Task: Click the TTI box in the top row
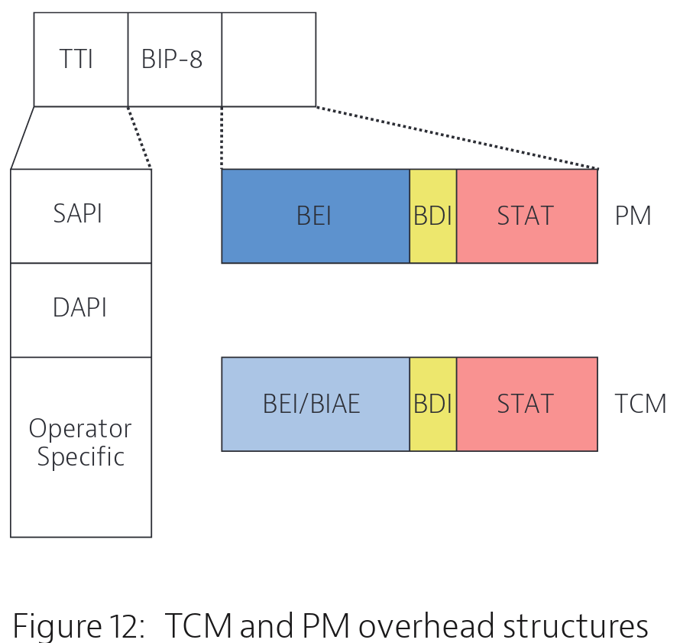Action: click(81, 60)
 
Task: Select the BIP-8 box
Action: click(175, 60)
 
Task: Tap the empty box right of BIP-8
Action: click(269, 60)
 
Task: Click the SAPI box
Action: click(81, 216)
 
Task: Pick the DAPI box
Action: click(81, 310)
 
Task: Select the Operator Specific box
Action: click(81, 447)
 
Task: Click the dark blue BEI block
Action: click(316, 216)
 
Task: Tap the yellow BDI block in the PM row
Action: click(433, 216)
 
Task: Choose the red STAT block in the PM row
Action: click(527, 216)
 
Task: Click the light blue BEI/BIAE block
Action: click(316, 404)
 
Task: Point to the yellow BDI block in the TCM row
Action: click(433, 404)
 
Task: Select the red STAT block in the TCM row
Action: click(527, 404)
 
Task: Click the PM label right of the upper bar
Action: click(633, 216)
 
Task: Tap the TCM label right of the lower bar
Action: click(640, 404)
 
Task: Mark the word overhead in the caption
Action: click(427, 625)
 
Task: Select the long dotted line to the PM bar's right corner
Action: click(457, 138)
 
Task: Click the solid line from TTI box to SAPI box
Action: click(22, 138)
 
